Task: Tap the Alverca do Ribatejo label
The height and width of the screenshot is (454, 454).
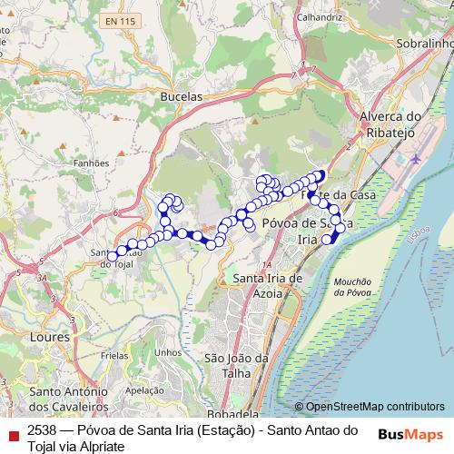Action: pyautogui.click(x=391, y=123)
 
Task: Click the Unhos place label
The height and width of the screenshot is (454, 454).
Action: pyautogui.click(x=168, y=352)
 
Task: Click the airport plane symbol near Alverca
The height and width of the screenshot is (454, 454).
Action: pyautogui.click(x=416, y=158)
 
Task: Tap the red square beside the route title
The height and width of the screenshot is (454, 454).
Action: pyautogui.click(x=11, y=429)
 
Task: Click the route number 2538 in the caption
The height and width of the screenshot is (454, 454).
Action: pyautogui.click(x=42, y=429)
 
